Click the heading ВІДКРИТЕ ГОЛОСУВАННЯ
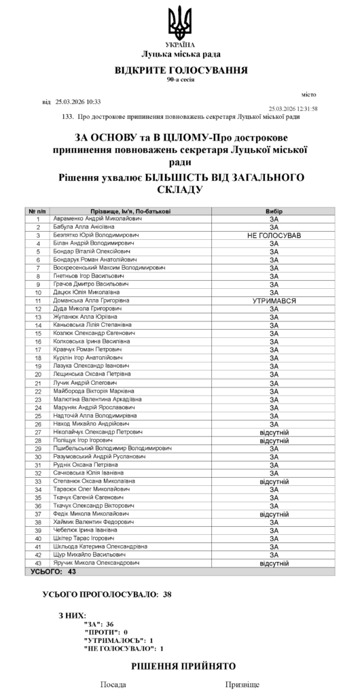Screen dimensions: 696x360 pos(180,70)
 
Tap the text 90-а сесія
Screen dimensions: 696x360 pos(180,80)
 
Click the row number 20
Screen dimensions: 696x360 pos(39,374)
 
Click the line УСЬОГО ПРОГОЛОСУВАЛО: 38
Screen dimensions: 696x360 pos(107,594)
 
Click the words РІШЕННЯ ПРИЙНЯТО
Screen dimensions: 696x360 pos(183,667)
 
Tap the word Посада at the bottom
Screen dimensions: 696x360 pos(113,686)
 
